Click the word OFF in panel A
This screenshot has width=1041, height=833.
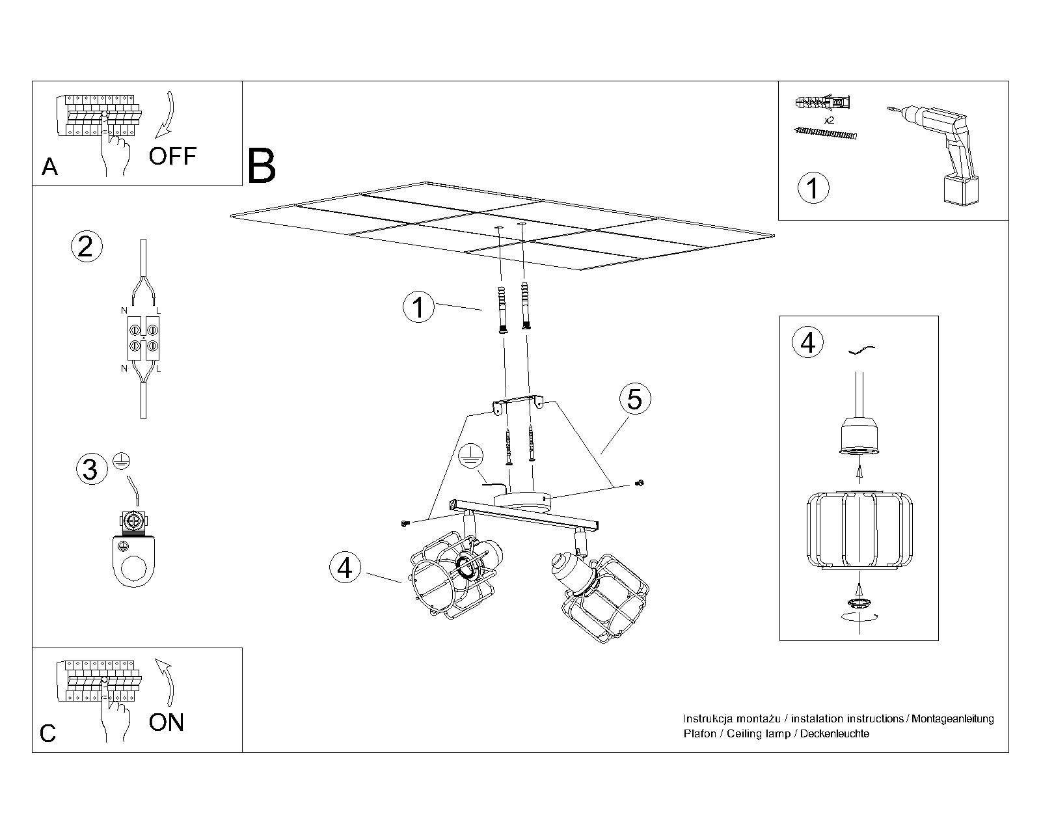coord(172,156)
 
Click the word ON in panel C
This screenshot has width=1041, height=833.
coord(167,722)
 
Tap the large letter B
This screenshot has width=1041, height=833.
coord(262,167)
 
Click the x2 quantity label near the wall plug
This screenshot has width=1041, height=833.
coord(829,121)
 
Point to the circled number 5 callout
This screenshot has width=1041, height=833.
coord(634,398)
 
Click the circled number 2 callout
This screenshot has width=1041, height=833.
coord(86,247)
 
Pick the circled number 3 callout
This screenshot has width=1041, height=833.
coord(90,469)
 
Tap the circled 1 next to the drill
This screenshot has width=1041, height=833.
coord(813,187)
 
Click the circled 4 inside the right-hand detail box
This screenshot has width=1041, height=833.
coord(807,342)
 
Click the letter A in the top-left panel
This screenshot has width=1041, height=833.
coord(49,167)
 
